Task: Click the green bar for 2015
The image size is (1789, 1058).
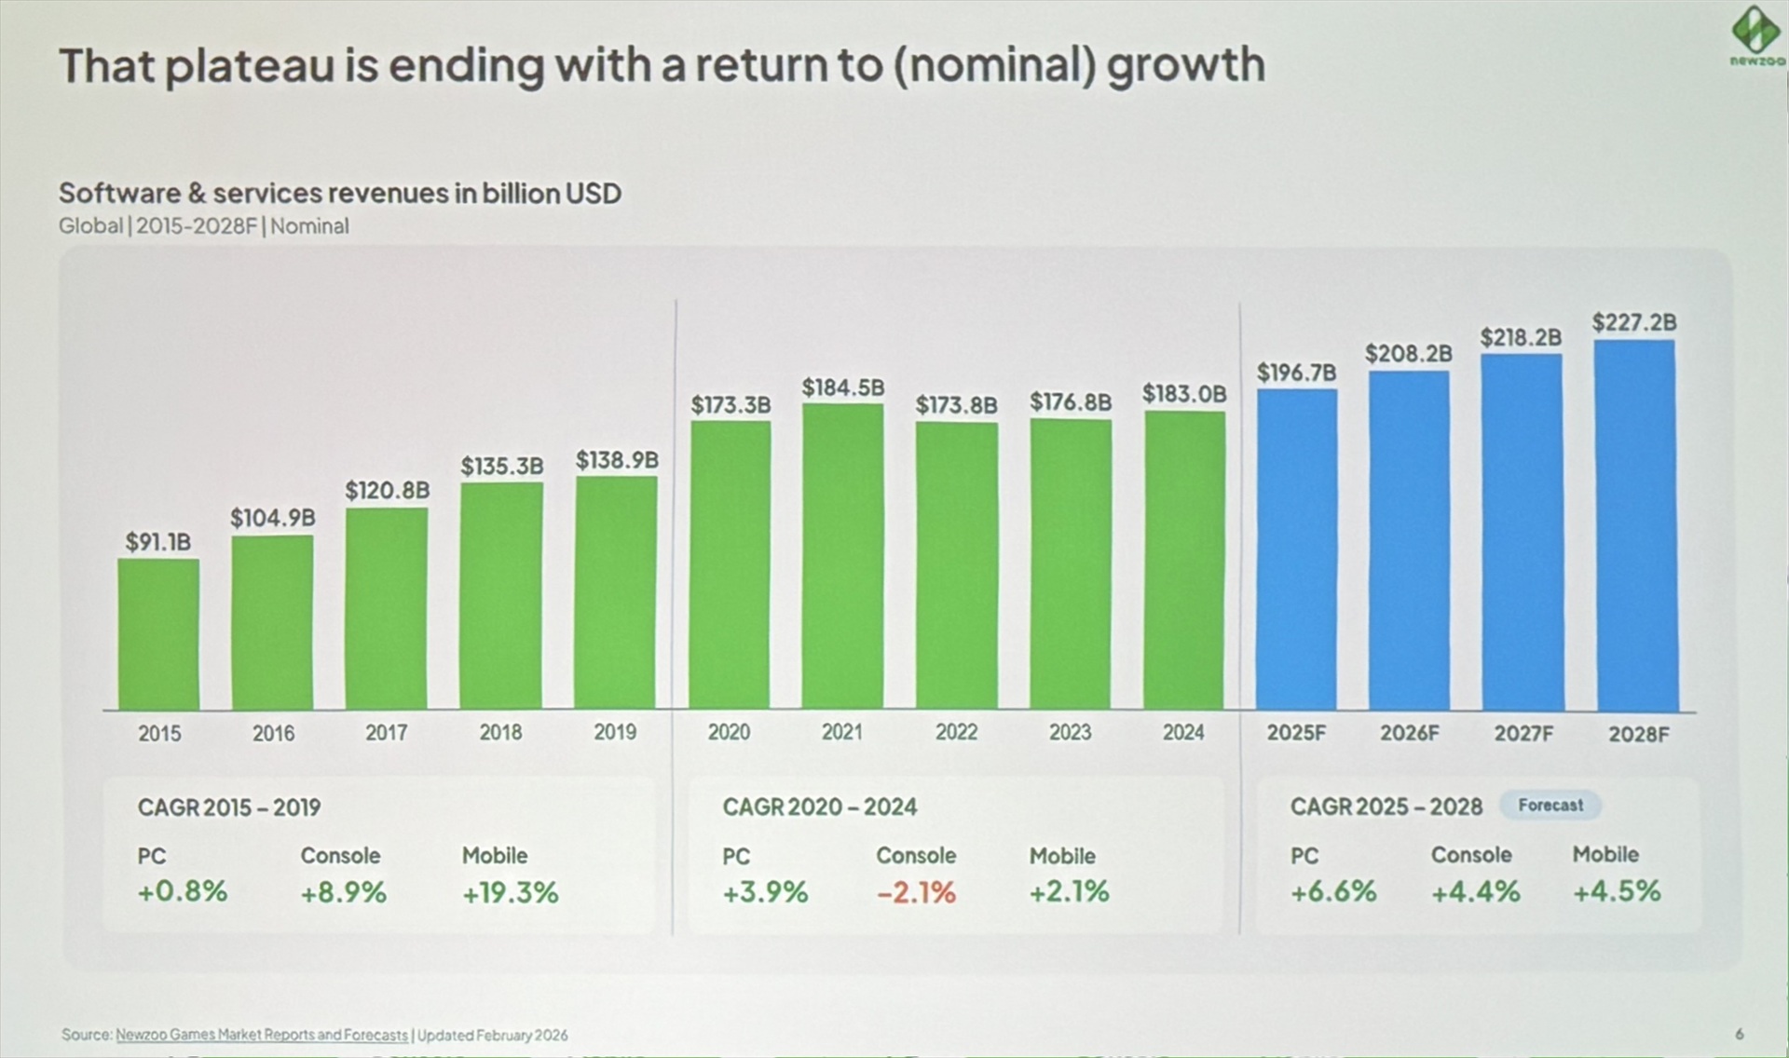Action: (158, 634)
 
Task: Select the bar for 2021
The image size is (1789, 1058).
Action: (842, 556)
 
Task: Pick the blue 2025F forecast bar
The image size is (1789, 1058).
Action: (1296, 549)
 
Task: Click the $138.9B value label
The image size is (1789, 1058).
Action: (617, 460)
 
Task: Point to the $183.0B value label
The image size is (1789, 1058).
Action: (1184, 394)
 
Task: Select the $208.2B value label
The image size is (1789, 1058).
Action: (1409, 354)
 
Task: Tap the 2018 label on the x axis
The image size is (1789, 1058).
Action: (500, 733)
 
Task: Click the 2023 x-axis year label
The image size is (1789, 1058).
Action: (1070, 733)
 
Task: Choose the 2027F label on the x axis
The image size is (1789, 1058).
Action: (1523, 734)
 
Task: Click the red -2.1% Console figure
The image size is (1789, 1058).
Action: (916, 892)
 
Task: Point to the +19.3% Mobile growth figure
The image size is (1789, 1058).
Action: (510, 892)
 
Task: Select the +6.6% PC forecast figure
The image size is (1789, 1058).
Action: (1332, 891)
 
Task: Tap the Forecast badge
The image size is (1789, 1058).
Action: (1550, 805)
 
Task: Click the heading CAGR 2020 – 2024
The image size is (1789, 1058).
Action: (819, 807)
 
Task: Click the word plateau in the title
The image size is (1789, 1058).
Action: (250, 67)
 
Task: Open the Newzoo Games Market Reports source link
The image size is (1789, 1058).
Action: (262, 1035)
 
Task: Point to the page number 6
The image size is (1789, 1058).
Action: (1739, 1034)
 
